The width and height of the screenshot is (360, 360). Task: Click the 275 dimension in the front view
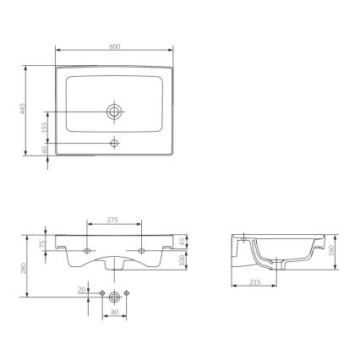coord(114,220)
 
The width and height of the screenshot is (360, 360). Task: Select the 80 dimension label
coord(114,319)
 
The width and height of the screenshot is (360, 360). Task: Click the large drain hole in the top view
coord(114,111)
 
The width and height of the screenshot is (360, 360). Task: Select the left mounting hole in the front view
coord(88,251)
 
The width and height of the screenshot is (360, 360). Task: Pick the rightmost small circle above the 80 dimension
coord(126,292)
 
